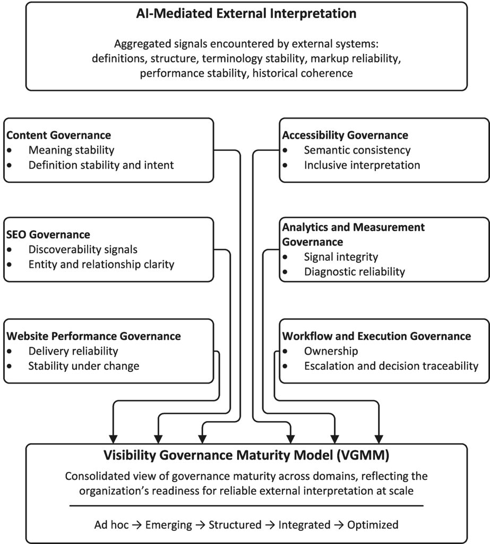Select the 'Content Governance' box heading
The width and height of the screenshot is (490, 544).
(58, 135)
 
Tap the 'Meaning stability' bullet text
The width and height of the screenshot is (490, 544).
(72, 150)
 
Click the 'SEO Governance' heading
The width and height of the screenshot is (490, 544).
(48, 234)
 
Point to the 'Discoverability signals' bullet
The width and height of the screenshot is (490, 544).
(82, 249)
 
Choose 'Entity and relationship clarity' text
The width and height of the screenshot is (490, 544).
(101, 264)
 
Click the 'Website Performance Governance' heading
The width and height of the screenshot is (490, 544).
(93, 336)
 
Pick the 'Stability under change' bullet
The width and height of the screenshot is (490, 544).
(84, 366)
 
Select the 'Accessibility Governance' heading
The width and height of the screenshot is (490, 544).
(345, 135)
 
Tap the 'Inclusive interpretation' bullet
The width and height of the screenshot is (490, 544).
(362, 165)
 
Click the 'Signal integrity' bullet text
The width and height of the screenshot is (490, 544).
(341, 257)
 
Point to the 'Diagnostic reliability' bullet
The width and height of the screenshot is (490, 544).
(355, 272)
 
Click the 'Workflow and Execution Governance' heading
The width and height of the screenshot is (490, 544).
(376, 336)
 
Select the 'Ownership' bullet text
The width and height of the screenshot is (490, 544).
(331, 351)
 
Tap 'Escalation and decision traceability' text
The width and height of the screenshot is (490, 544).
(391, 366)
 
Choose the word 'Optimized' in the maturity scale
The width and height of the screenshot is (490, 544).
(373, 525)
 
